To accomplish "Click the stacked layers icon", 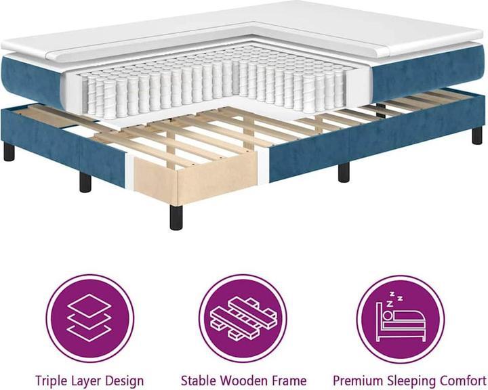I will pos(89,318).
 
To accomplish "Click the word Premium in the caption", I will pos(357,381).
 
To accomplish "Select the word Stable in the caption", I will pos(197,381).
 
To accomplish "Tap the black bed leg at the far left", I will pos(9,151).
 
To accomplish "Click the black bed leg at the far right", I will pos(476,135).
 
